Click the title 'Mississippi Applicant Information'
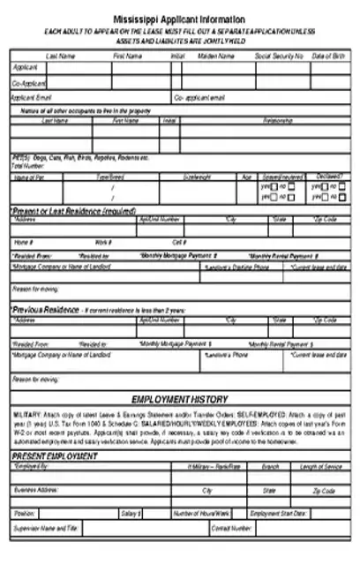180,19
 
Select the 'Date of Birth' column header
328,56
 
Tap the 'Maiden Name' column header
215,56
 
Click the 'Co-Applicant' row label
29,82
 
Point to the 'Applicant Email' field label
32,97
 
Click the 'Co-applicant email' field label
204,97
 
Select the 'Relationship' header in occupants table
278,120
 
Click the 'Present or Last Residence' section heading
74,211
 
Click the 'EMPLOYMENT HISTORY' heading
180,399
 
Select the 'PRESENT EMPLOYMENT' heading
54,455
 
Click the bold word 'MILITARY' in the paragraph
29,413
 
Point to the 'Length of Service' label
320,467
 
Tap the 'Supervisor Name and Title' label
47,529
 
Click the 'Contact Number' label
232,529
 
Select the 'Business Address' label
36,490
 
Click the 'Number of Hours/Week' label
202,513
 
